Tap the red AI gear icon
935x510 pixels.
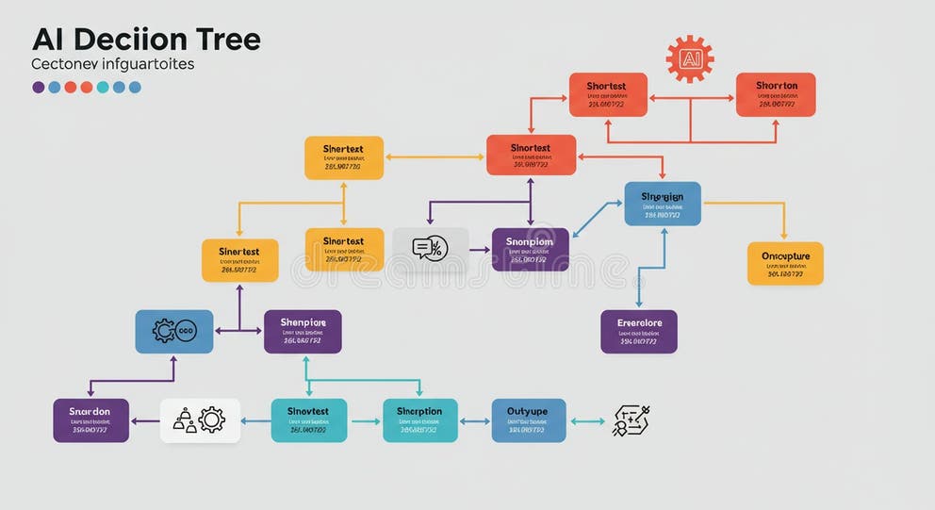pos(690,59)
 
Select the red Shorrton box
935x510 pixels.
pos(776,94)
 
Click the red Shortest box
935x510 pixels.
pos(608,94)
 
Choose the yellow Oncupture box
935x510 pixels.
pos(785,263)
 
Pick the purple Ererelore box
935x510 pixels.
pos(639,331)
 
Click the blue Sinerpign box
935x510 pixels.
pos(663,204)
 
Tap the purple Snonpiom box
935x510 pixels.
pos(531,249)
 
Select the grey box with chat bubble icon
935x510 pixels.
pos(431,249)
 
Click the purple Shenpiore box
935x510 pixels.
pos(303,331)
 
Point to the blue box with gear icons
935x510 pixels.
pos(174,331)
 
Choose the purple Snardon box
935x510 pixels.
pos(90,420)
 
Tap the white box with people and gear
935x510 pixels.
pos(200,420)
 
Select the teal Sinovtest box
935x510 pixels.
pos(308,420)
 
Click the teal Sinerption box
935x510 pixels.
pos(419,420)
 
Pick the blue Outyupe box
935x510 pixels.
pos(529,420)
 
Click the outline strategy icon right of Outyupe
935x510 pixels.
pos(632,420)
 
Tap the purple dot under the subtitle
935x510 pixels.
pos(39,87)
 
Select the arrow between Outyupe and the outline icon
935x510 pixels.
pos(588,421)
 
